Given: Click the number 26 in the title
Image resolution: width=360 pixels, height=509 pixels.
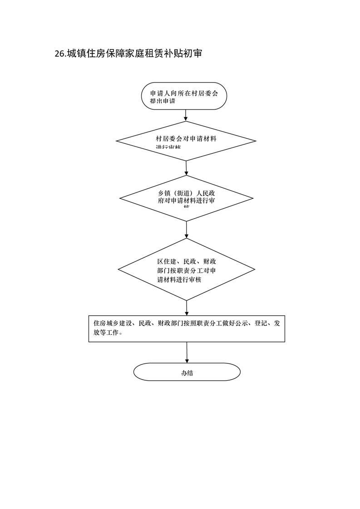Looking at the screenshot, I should click(59, 54).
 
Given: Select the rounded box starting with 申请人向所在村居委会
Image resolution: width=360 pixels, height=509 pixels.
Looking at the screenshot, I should click(184, 96).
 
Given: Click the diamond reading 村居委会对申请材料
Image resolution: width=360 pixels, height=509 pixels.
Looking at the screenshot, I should click(186, 141).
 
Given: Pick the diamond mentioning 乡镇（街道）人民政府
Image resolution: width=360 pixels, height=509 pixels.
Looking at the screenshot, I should click(187, 198).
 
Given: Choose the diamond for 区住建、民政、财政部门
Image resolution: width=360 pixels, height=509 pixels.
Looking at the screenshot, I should click(187, 269).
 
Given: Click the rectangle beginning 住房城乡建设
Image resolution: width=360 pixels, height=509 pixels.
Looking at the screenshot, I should click(187, 328).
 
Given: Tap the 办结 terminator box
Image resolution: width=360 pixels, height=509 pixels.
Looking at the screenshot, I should click(187, 372).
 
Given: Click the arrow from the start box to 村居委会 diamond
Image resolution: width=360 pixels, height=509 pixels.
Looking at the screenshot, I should click(186, 115).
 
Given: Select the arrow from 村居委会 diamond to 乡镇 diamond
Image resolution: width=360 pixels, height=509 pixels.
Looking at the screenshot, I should click(186, 168).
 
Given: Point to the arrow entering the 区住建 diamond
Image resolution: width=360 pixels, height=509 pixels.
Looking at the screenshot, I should click(187, 230).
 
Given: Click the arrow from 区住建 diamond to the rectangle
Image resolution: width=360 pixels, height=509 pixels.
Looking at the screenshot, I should click(187, 308).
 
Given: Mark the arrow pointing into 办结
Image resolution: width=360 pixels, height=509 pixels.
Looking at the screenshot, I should click(187, 352).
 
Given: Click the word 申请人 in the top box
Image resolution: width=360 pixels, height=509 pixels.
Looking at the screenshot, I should click(161, 93).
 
